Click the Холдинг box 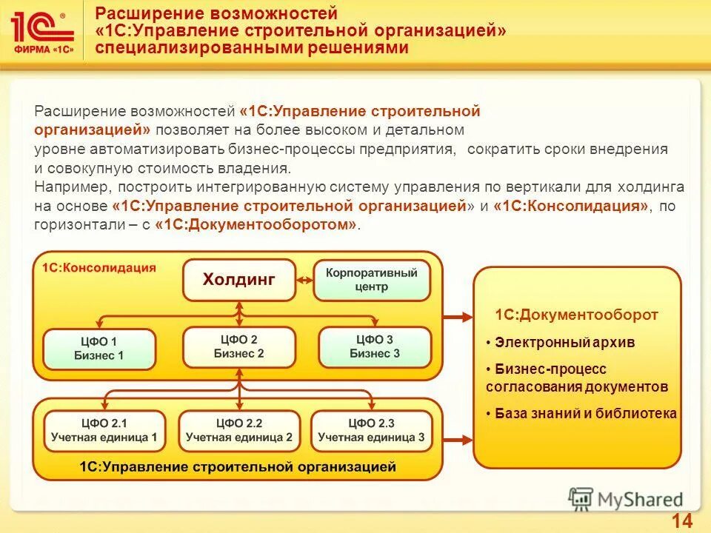pos(239,280)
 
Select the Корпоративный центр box pos(372,280)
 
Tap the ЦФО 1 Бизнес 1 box pos(99,349)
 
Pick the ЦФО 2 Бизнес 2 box pos(239,346)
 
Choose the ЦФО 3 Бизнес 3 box pos(375,346)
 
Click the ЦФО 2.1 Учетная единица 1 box pos(104,431)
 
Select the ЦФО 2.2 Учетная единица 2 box pos(239,431)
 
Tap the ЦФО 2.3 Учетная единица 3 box pos(371,431)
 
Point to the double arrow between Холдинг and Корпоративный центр pos(304,281)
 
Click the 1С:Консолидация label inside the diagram pos(99,268)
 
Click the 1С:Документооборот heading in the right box pos(576,315)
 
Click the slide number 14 pos(681,520)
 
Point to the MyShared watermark pos(626,499)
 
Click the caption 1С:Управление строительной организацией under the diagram pos(238,466)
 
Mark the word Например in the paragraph pos(67,187)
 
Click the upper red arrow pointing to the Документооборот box pos(458,317)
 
